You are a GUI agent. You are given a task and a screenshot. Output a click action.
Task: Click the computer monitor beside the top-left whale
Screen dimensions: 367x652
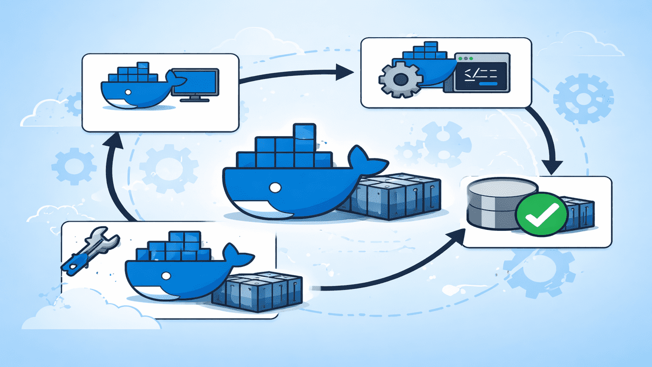[x=195, y=83]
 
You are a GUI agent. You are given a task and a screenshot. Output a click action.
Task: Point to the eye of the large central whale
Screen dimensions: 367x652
[x=275, y=188]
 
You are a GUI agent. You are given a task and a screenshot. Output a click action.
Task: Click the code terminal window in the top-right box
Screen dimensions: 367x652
[x=481, y=72]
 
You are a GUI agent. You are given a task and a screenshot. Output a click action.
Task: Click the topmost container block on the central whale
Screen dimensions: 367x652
[x=304, y=131]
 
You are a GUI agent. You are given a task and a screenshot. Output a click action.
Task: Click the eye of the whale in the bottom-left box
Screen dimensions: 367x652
[x=165, y=276]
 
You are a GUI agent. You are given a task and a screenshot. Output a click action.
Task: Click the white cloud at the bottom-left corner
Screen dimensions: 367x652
[x=76, y=311]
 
